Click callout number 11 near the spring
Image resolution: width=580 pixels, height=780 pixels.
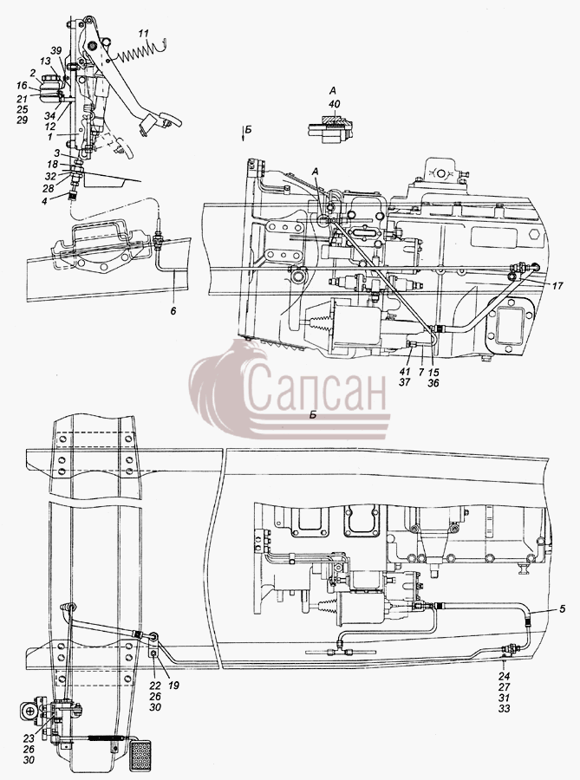tap(143, 34)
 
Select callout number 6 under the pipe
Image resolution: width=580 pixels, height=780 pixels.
tap(173, 311)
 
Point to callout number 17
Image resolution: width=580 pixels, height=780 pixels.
tap(557, 286)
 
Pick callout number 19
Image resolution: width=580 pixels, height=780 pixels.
tap(173, 686)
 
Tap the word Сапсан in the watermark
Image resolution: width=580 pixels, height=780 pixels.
tap(316, 386)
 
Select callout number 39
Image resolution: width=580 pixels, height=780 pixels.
tap(55, 51)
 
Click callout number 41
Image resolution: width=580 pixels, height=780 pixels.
tap(406, 372)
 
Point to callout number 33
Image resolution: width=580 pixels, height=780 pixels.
tap(505, 709)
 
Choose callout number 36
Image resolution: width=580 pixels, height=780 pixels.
tap(433, 383)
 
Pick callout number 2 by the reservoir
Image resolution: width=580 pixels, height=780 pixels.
tap(33, 73)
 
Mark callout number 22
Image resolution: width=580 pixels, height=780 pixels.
tap(155, 686)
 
